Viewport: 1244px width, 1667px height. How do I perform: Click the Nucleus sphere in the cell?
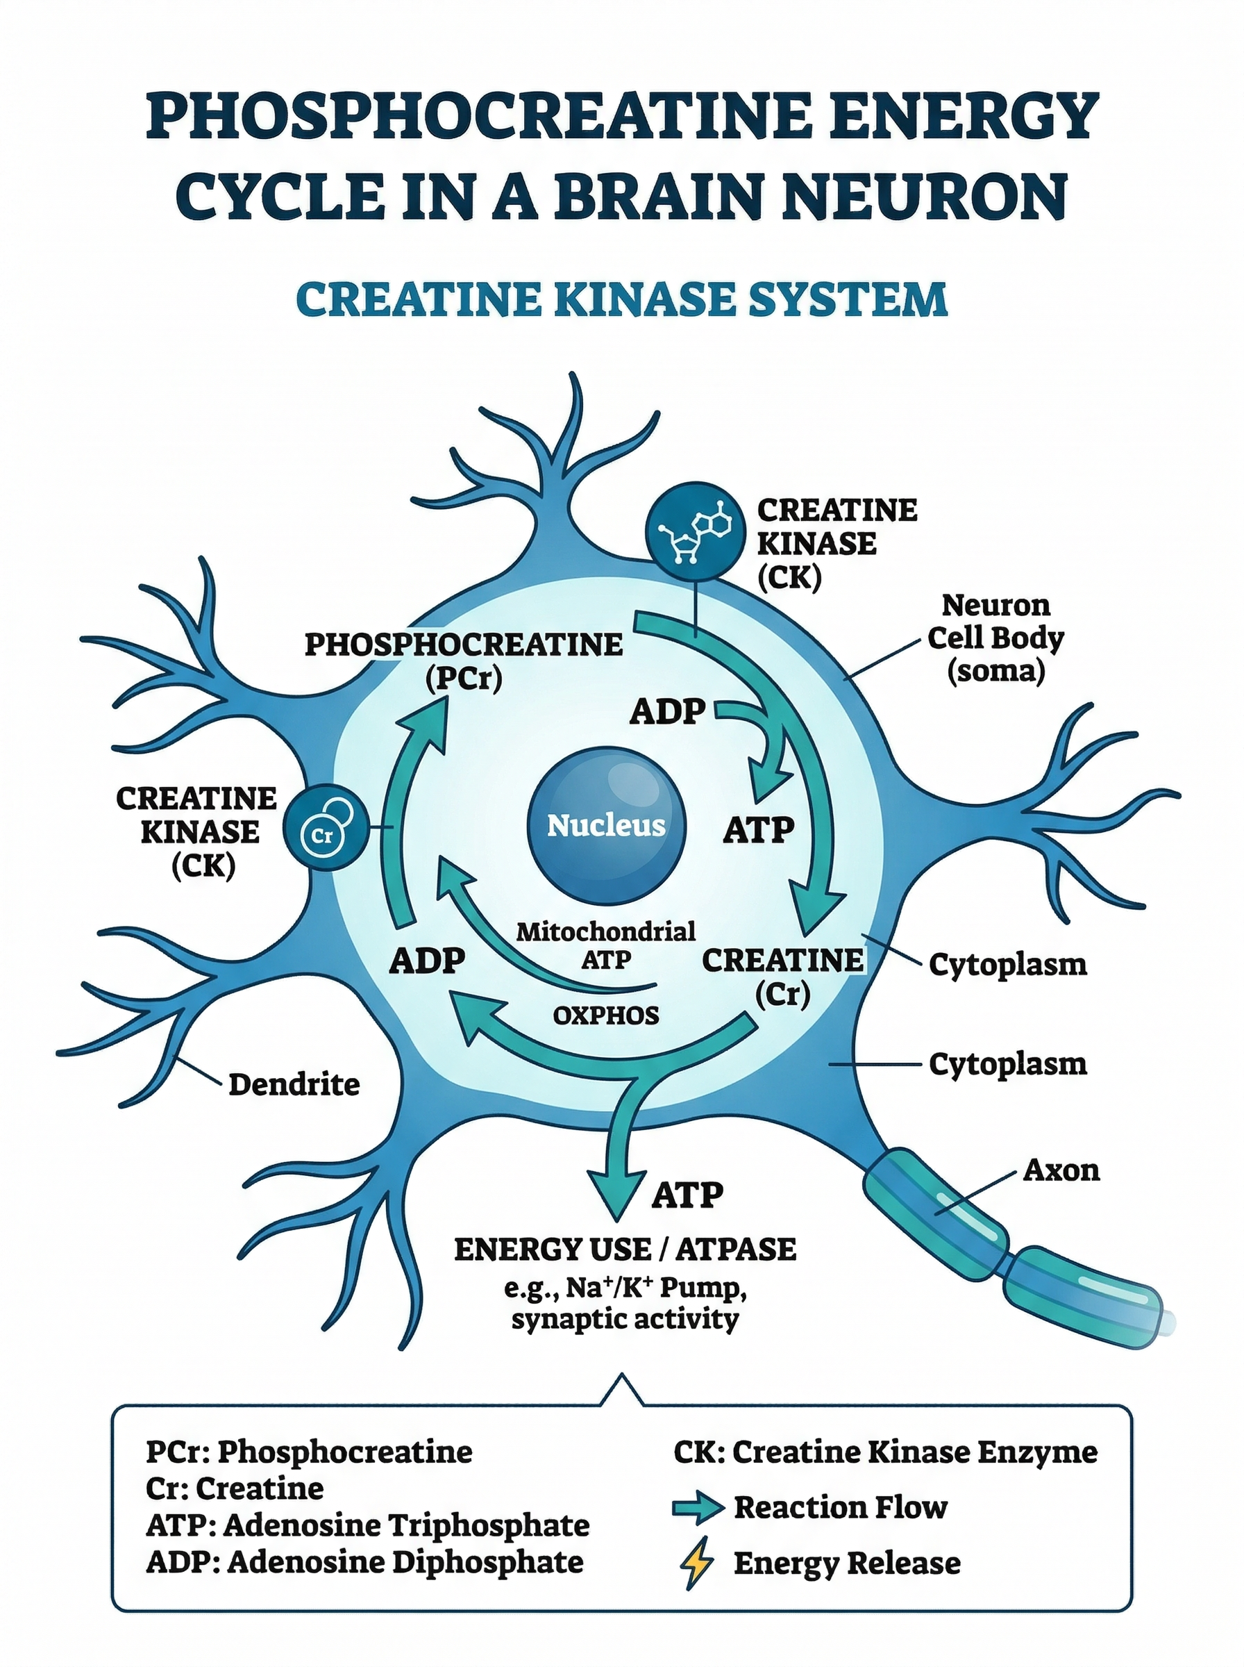click(606, 826)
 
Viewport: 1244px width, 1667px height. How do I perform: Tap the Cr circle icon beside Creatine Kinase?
click(326, 829)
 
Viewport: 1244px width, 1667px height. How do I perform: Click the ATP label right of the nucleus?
click(759, 830)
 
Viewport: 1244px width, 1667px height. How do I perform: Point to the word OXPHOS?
click(605, 1015)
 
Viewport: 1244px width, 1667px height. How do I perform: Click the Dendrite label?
click(294, 1085)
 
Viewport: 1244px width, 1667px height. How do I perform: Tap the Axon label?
click(1060, 1169)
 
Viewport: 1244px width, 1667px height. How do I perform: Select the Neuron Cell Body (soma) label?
click(995, 637)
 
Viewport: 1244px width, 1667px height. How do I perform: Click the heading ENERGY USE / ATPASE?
click(625, 1249)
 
